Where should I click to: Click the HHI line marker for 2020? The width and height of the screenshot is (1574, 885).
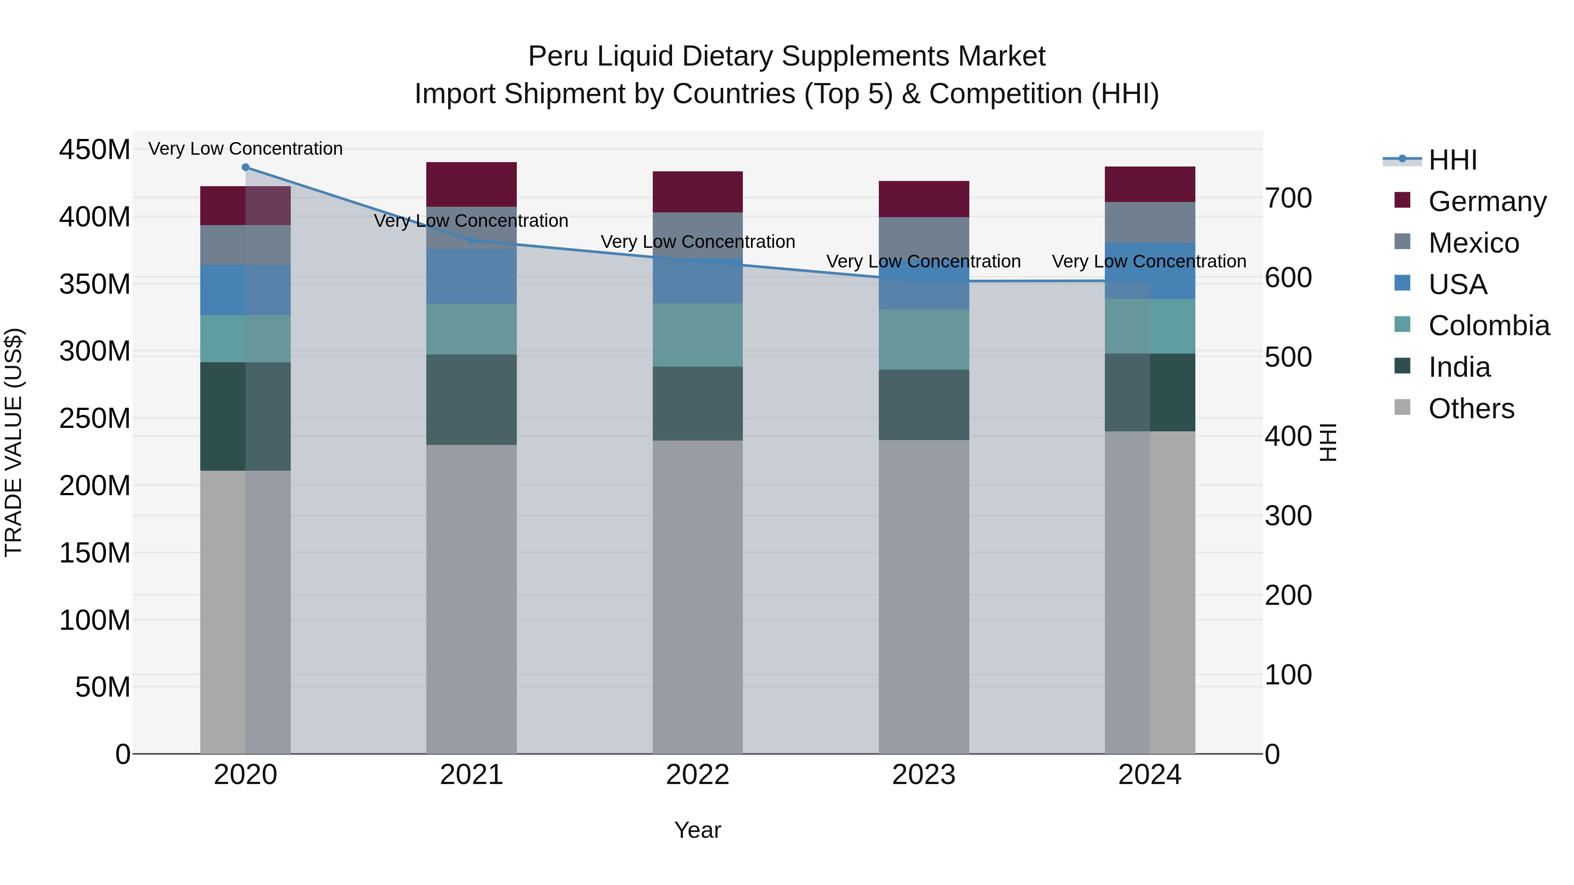(246, 167)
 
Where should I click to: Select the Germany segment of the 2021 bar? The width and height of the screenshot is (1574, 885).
(471, 184)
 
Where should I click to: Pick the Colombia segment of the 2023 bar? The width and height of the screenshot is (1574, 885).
(923, 340)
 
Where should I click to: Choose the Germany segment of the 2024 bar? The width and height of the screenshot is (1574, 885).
(1149, 184)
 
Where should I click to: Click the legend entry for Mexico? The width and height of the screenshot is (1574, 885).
(1473, 243)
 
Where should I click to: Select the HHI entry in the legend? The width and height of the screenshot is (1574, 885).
(1452, 160)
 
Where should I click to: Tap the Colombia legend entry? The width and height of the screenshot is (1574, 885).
(1488, 326)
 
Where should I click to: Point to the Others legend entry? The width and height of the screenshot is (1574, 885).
(1471, 409)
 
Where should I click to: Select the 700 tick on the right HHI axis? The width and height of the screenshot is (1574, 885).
(1288, 198)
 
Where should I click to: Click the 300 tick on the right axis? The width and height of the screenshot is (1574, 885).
(1288, 516)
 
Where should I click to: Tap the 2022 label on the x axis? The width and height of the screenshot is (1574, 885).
(697, 775)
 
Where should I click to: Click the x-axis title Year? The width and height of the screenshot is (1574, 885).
(697, 830)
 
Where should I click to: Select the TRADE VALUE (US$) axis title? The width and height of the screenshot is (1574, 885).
(14, 442)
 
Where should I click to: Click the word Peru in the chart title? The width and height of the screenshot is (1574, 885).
(558, 56)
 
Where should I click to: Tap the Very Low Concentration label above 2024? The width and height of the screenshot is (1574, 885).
(1149, 261)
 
